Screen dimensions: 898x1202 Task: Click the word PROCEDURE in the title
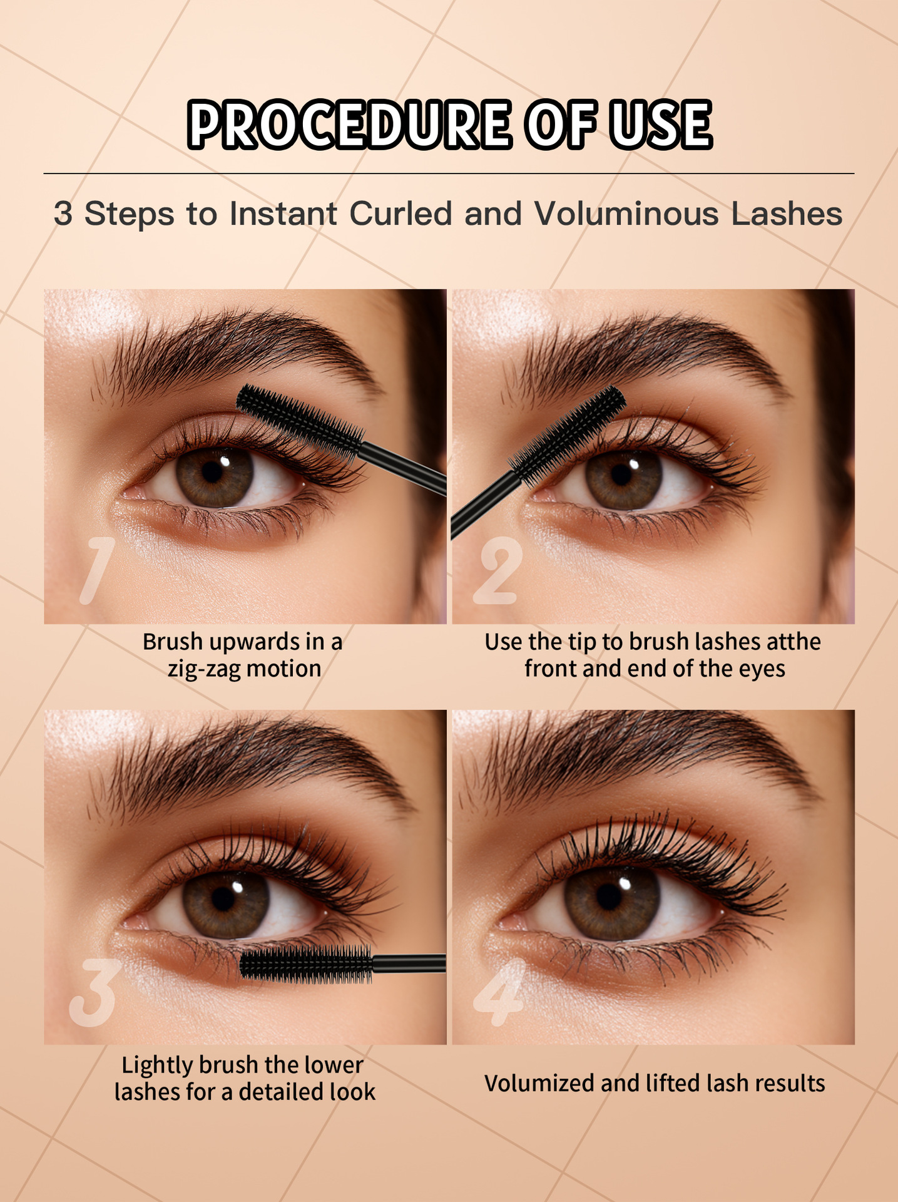349,124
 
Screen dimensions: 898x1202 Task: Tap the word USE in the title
661,124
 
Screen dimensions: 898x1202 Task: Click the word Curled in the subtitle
401,213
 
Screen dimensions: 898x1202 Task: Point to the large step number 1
98,571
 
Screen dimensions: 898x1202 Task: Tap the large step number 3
93,993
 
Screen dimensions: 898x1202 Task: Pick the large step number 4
499,993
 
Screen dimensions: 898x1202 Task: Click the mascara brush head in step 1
300,420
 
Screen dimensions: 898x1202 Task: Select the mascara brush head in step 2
567,436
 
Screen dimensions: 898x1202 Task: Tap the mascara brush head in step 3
306,963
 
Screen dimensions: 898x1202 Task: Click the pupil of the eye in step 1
212,471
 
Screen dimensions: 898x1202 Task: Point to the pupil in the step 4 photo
609,896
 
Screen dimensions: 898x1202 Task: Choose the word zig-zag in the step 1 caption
204,669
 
